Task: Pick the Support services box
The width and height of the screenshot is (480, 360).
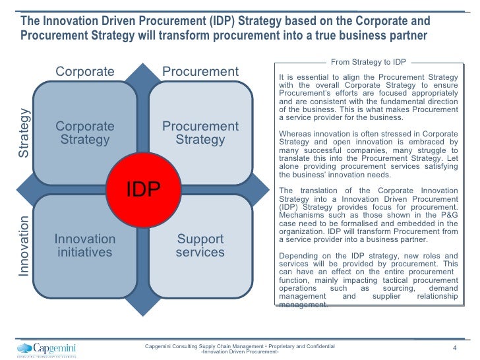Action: point(200,245)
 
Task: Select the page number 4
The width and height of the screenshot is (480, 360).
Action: point(454,348)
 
